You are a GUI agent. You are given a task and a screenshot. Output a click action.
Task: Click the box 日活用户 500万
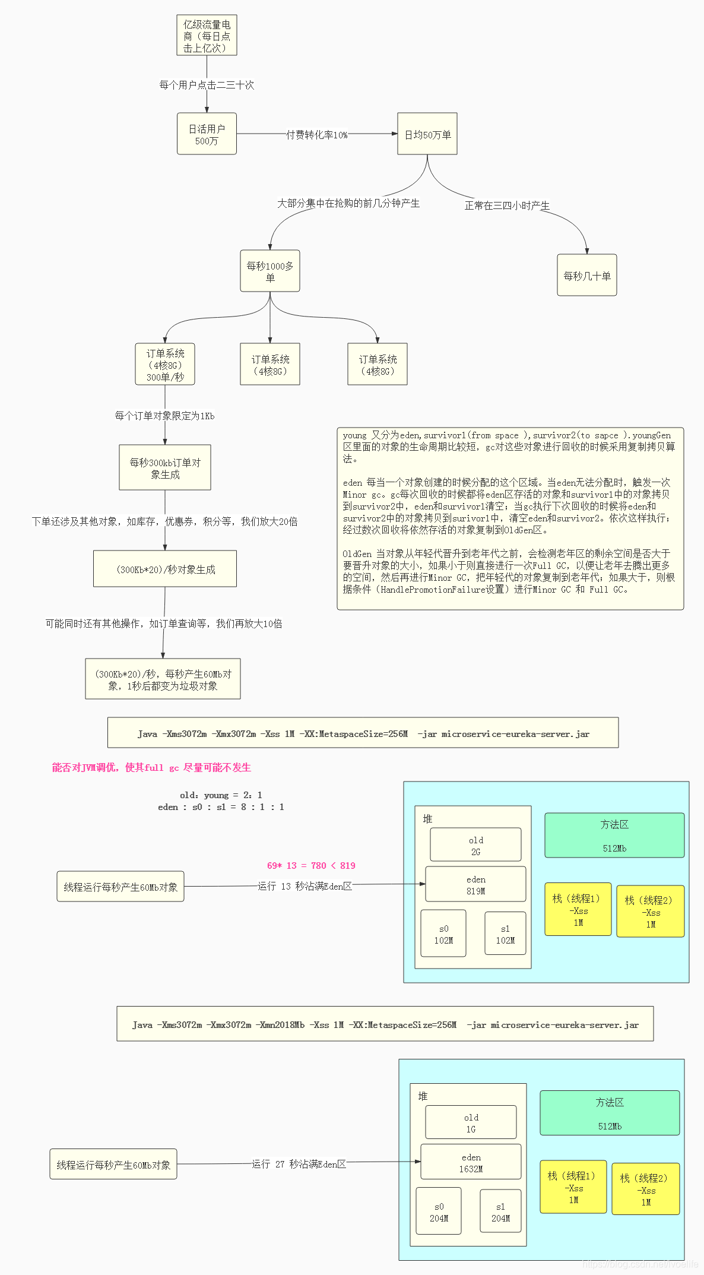click(207, 134)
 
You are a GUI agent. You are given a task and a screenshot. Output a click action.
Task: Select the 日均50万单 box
click(427, 134)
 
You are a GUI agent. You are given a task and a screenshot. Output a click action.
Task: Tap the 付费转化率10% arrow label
click(317, 135)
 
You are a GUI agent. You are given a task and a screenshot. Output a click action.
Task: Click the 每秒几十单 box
click(586, 276)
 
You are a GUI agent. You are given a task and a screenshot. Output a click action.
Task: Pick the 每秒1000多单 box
click(269, 271)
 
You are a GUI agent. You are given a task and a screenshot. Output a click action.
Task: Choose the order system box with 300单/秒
click(165, 364)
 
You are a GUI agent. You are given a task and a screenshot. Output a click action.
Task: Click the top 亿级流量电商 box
click(207, 36)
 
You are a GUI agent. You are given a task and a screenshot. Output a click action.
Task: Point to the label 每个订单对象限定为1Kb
click(164, 416)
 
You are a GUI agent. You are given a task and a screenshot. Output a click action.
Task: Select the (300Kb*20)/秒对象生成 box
click(165, 569)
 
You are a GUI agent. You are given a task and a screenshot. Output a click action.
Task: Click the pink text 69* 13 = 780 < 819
click(311, 865)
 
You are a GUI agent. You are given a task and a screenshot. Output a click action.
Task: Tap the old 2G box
click(475, 845)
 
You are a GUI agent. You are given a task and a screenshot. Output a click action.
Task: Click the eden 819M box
click(475, 884)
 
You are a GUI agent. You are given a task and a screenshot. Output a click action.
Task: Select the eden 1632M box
click(471, 1162)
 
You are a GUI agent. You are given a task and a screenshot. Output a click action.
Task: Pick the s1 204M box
click(500, 1211)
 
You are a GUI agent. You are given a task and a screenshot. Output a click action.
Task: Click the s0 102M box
click(443, 934)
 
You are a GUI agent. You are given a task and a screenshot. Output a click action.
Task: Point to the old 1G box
click(471, 1122)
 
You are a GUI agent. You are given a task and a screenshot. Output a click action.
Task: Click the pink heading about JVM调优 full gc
click(151, 767)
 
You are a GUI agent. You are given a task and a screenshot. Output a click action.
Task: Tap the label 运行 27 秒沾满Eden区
click(299, 1164)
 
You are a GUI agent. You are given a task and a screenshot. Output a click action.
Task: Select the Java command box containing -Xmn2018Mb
click(385, 1024)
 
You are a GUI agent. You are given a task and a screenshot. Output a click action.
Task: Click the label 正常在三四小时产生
click(507, 205)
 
